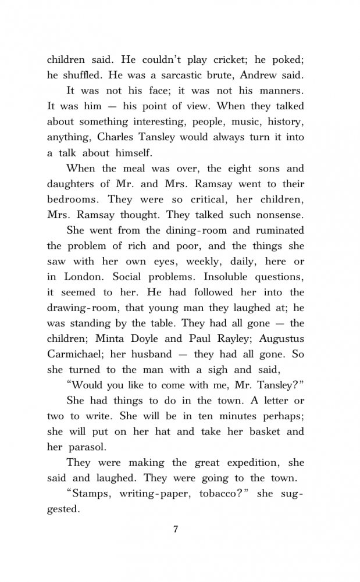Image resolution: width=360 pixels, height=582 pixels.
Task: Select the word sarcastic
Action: (x=193, y=76)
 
